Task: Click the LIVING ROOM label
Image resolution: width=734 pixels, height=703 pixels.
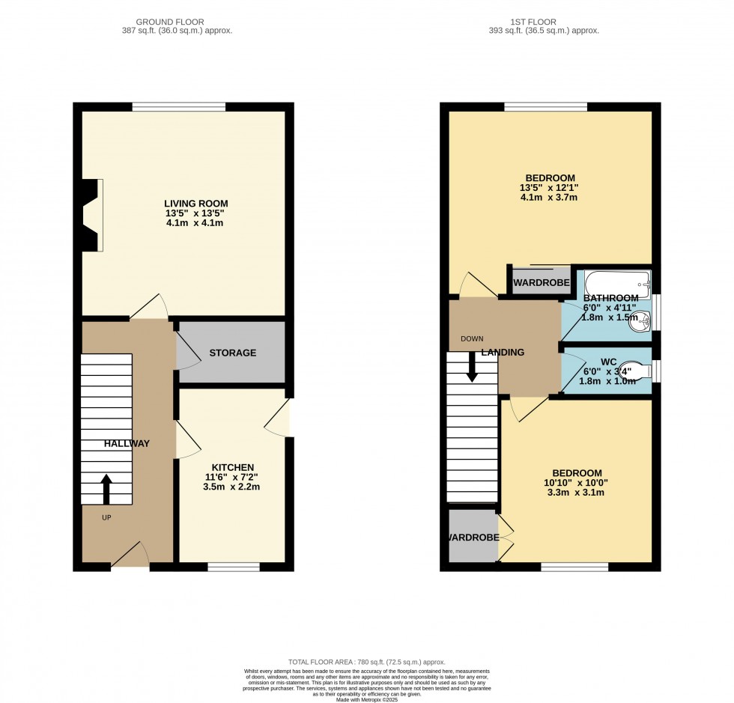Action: tap(196, 204)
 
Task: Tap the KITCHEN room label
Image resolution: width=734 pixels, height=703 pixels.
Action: tap(232, 467)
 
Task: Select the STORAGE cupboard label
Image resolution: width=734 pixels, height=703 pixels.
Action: tap(232, 353)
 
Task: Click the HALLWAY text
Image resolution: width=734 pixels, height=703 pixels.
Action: tap(127, 443)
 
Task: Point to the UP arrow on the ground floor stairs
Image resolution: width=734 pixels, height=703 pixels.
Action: tap(105, 488)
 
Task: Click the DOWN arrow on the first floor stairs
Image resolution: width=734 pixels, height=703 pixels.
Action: tap(472, 368)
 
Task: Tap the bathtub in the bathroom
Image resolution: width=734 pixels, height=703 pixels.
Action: tap(617, 284)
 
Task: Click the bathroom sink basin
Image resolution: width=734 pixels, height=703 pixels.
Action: tap(643, 320)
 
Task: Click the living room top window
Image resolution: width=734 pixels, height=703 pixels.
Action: tap(179, 107)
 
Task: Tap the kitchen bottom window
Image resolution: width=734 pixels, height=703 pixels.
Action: tap(234, 567)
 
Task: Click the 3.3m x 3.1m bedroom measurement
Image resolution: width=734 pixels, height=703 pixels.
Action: tap(577, 493)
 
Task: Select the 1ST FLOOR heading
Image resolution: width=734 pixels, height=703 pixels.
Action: tap(544, 22)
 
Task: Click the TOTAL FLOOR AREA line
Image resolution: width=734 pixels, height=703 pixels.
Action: tap(366, 662)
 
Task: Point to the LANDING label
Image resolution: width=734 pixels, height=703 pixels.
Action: tap(503, 353)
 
